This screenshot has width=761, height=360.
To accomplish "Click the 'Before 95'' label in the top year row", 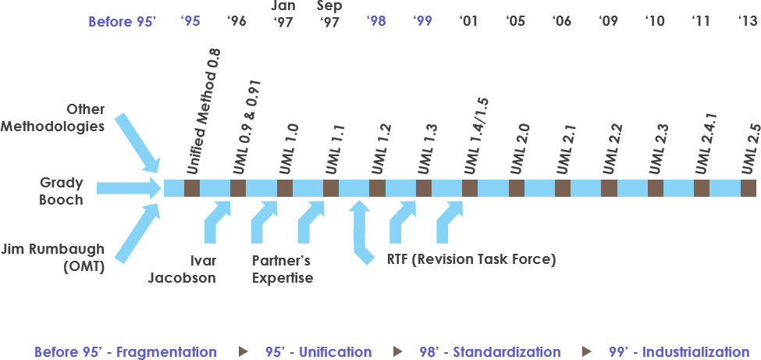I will [123, 21].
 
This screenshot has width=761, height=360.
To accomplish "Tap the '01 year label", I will [469, 21].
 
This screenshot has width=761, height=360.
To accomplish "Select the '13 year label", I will [748, 21].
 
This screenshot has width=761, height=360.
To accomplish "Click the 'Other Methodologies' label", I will [73, 117].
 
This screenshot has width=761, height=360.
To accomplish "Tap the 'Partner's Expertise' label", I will [283, 269].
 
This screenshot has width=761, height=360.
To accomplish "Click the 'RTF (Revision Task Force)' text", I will [471, 259].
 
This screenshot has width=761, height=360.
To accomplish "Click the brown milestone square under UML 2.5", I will [749, 188].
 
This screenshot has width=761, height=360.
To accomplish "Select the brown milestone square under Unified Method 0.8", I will [192, 188].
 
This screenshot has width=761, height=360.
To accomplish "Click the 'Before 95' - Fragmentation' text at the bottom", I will [126, 352].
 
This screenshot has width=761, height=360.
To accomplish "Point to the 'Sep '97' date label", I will [329, 13].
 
